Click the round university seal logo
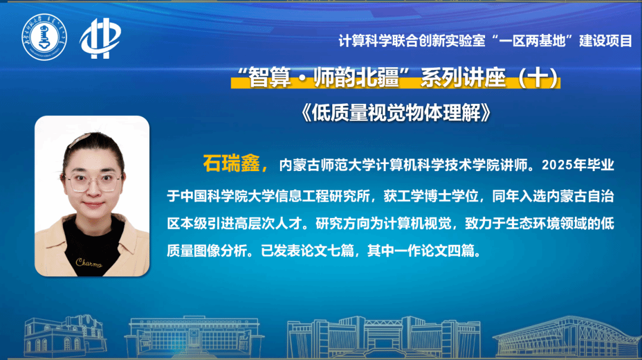coord(44,37)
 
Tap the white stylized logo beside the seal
coord(100,38)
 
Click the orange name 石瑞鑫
coord(232,163)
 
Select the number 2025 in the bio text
coord(556,165)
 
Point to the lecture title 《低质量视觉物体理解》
coord(395,112)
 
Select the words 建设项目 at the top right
coord(606,41)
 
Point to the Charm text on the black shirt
coord(89,263)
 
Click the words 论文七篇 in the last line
coord(327,250)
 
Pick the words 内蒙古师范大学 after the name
coord(326,165)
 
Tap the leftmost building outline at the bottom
coord(65,335)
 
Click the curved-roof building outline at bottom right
coord(568,336)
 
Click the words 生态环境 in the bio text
coord(533,223)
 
